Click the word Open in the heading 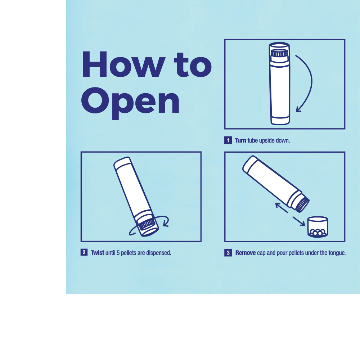(x=130, y=103)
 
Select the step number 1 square (x=228, y=140)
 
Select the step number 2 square (x=84, y=252)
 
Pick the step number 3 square (x=228, y=253)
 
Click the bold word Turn (x=240, y=140)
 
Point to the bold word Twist (x=97, y=253)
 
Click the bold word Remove (x=246, y=253)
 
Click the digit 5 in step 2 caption (x=118, y=253)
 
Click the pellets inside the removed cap (x=318, y=232)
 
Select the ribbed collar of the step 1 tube (x=279, y=54)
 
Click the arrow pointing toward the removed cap (x=299, y=221)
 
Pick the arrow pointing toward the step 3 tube (x=282, y=208)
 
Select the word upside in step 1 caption (x=266, y=140)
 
